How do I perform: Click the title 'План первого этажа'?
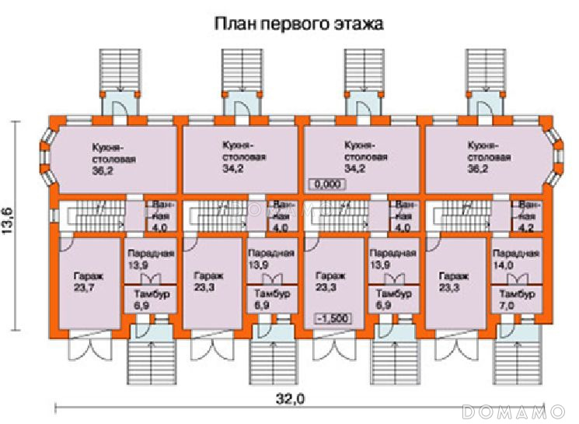coord(299,23)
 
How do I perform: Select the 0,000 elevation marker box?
coord(325,184)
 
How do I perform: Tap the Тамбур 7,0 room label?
coord(518,300)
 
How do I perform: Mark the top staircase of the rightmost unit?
coord(487,68)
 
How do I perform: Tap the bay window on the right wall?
coord(556,156)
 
